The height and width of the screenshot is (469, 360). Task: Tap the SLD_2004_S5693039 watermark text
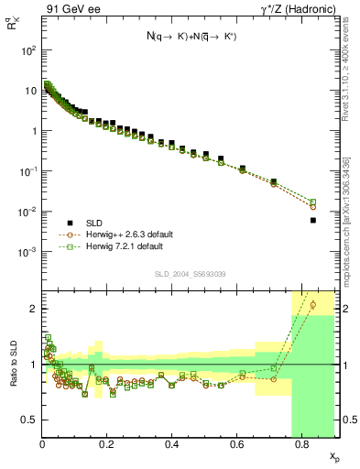[x=190, y=274]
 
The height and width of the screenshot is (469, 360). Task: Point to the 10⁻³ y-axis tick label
[x=28, y=252]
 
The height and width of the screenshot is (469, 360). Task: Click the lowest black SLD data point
[x=312, y=220]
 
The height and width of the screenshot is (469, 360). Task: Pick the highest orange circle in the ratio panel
[x=312, y=304]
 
